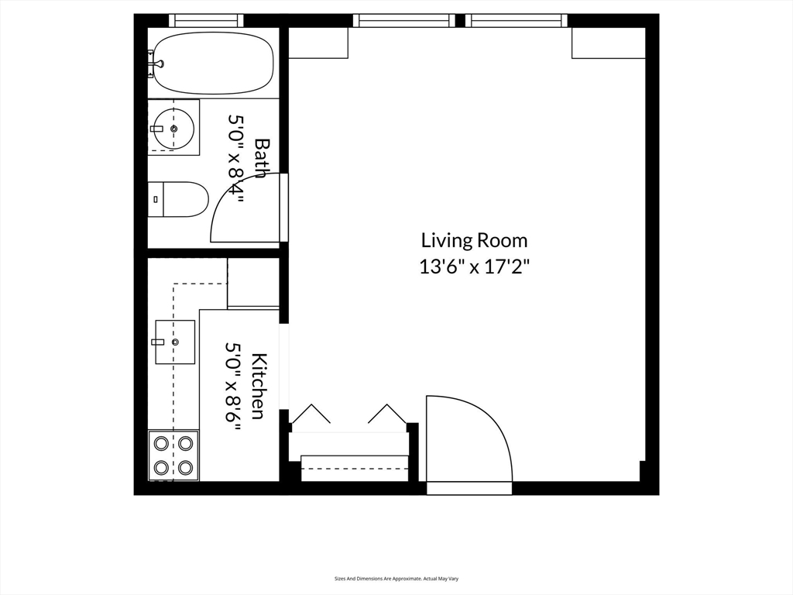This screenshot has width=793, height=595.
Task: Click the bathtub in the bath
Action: tap(214, 64)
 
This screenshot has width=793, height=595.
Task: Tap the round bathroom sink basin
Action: tap(174, 129)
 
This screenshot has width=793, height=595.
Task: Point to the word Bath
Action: tap(260, 158)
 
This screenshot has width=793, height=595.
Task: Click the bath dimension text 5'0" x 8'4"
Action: tap(236, 158)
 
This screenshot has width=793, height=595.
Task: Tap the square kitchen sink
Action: tap(175, 342)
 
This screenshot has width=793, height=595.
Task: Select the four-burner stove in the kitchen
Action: tap(173, 456)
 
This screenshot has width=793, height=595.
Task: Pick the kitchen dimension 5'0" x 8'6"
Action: tap(233, 386)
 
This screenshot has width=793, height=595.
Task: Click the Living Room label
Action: tap(475, 240)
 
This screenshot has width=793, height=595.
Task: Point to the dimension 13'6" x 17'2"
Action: tap(475, 267)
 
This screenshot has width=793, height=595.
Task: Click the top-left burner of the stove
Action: tap(161, 443)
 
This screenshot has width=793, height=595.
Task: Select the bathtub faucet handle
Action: tap(160, 64)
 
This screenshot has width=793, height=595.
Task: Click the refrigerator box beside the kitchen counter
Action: tap(253, 283)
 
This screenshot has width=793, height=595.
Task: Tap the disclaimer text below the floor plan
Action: tap(396, 579)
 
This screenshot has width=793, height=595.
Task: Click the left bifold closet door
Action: tap(311, 414)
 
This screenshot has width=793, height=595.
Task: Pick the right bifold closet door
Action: tap(387, 414)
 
